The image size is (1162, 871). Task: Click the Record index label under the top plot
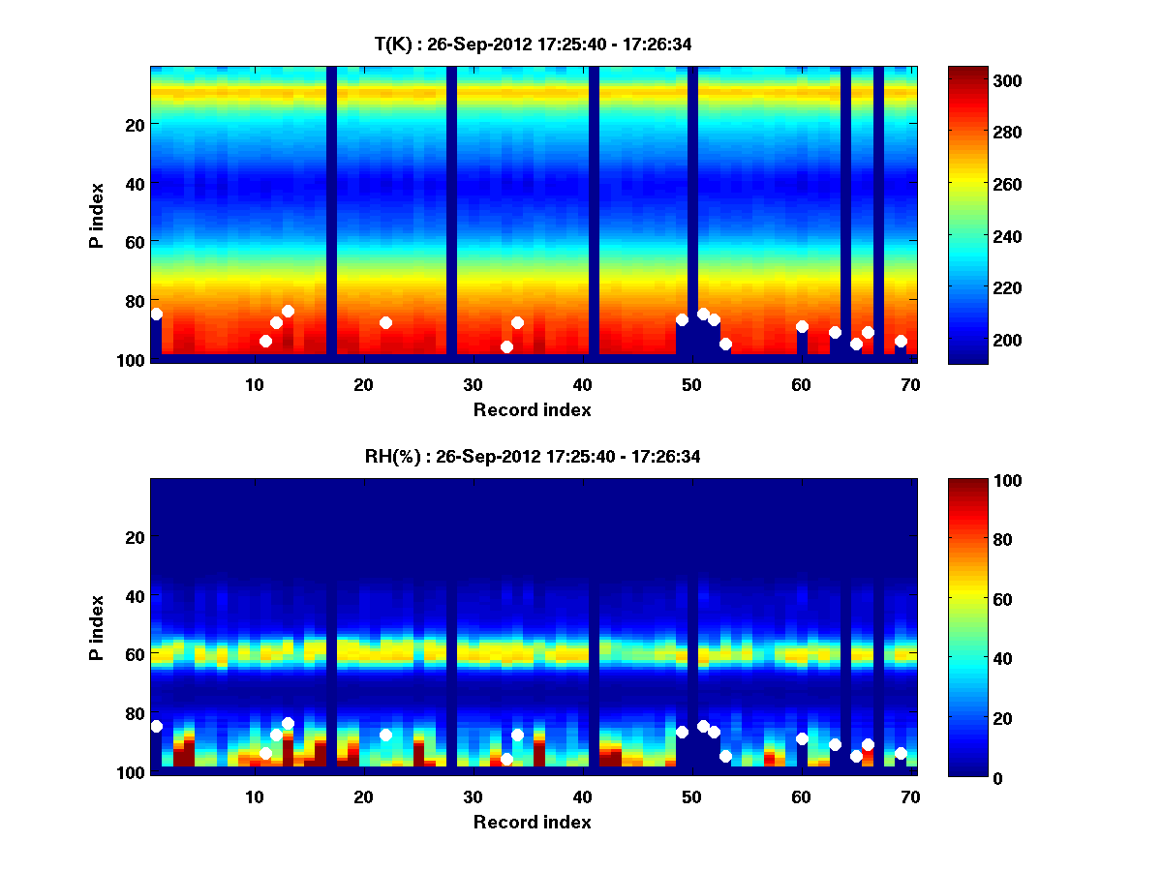click(x=532, y=409)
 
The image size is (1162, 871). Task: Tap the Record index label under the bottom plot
click(x=532, y=822)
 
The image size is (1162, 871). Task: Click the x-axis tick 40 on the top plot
click(x=582, y=384)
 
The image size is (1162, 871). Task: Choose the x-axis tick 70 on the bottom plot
click(x=910, y=796)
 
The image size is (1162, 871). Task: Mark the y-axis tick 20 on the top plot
click(x=134, y=125)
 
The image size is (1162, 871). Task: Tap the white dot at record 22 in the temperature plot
click(x=385, y=322)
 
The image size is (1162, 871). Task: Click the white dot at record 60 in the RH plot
click(x=802, y=738)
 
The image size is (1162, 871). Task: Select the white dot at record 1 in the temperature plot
click(x=156, y=314)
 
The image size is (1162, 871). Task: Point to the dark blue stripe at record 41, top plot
click(x=594, y=213)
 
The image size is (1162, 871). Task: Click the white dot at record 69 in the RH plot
click(x=901, y=753)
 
